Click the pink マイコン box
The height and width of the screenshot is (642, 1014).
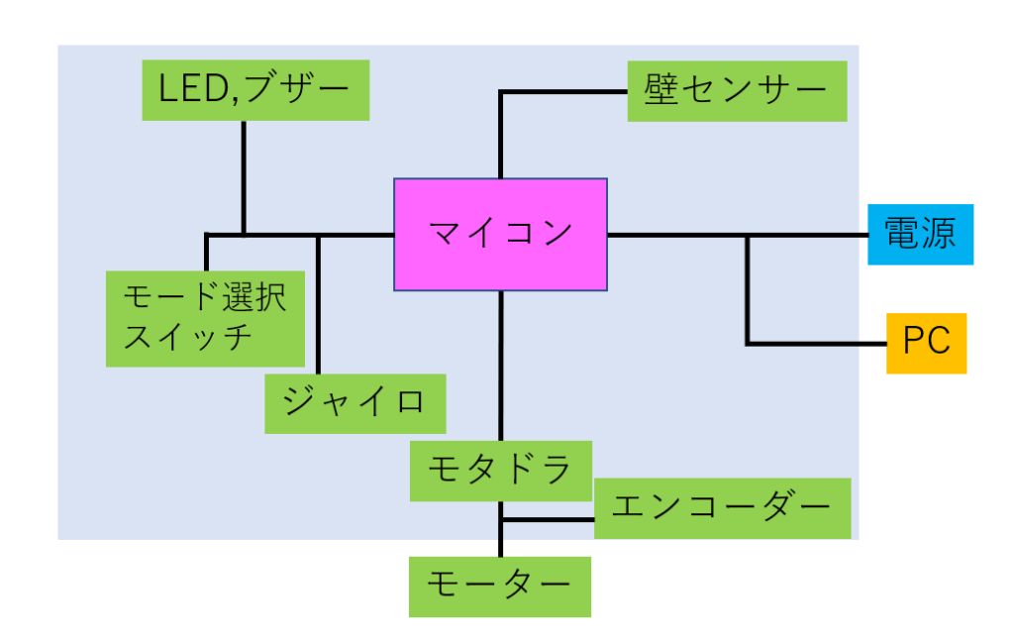click(x=500, y=235)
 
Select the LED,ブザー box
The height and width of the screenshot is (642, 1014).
click(x=255, y=90)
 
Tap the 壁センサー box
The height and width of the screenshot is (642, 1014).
click(x=737, y=91)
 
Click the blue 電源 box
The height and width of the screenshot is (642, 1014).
click(x=921, y=235)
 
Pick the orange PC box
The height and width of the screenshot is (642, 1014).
click(x=926, y=343)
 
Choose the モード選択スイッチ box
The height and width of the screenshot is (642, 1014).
click(x=205, y=318)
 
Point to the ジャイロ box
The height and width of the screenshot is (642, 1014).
click(x=354, y=403)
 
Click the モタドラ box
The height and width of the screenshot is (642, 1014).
click(x=500, y=471)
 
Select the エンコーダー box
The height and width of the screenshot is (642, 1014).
click(x=722, y=508)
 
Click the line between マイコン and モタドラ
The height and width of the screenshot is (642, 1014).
click(x=501, y=367)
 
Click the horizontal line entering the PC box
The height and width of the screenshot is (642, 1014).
click(x=816, y=344)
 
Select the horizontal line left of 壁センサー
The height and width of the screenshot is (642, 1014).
click(x=563, y=92)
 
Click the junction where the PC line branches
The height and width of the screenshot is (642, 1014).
click(x=748, y=236)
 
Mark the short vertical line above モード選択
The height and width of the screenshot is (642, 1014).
click(x=206, y=252)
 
